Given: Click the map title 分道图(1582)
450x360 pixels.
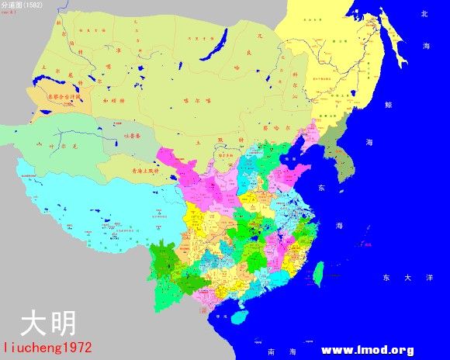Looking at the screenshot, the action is (x=22, y=5).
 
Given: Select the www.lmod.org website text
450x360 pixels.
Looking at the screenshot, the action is (x=362, y=350).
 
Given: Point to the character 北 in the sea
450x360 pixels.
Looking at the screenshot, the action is (x=424, y=13).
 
